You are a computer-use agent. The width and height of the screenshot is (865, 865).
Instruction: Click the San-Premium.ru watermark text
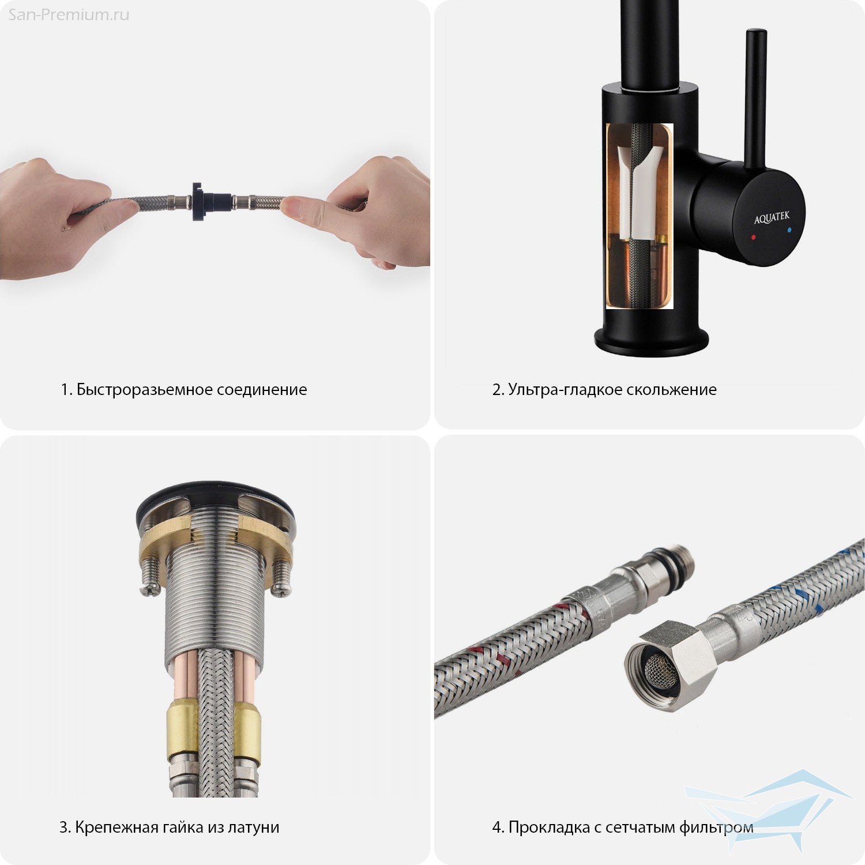tap(69, 14)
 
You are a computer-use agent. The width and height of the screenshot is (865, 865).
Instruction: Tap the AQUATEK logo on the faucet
tap(772, 218)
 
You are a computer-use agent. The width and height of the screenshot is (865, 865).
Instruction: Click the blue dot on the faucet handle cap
tap(789, 230)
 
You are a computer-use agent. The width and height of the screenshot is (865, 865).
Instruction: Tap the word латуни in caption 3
tap(253, 828)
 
